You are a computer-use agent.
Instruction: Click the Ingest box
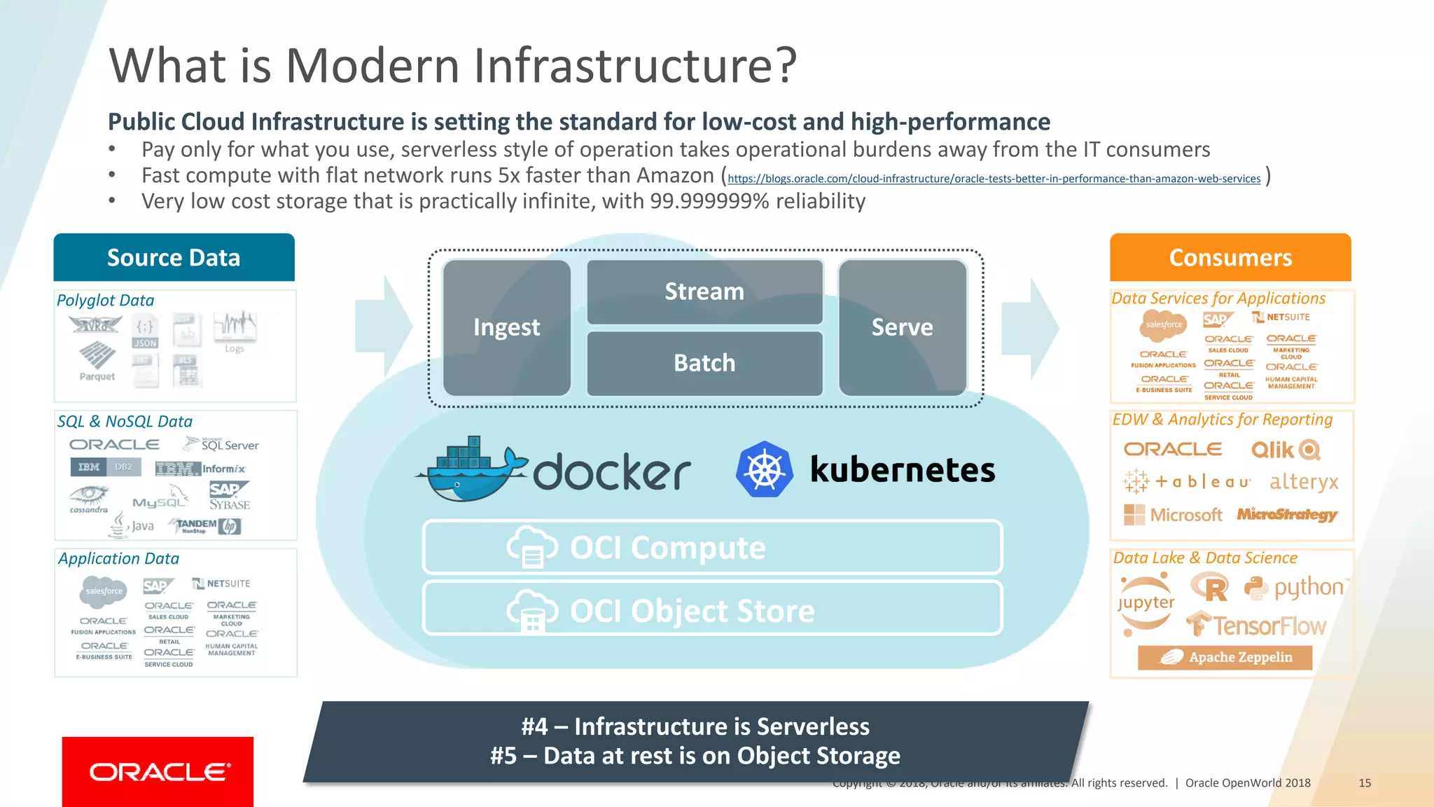click(x=506, y=327)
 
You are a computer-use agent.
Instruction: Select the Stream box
click(x=704, y=291)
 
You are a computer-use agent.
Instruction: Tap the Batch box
click(x=704, y=363)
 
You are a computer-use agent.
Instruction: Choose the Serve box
click(x=902, y=327)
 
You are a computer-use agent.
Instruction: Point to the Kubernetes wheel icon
click(x=764, y=469)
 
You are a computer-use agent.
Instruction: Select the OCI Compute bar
click(x=712, y=548)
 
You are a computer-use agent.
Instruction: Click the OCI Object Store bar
click(x=712, y=610)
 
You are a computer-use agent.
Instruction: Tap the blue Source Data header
click(x=174, y=257)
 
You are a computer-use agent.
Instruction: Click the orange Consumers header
click(x=1230, y=257)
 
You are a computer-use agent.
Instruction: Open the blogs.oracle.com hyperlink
click(x=994, y=179)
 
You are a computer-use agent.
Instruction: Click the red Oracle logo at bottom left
click(x=158, y=771)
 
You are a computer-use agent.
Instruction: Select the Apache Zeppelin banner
click(x=1225, y=657)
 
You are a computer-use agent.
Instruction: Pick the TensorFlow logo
click(x=1256, y=625)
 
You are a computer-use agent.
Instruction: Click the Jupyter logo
click(x=1146, y=602)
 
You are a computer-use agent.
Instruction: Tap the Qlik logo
click(x=1285, y=450)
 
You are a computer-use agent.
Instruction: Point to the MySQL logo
click(x=160, y=502)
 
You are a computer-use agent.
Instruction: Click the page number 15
click(x=1364, y=783)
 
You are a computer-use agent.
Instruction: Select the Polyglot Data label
click(x=105, y=301)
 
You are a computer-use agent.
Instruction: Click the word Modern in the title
click(x=373, y=65)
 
